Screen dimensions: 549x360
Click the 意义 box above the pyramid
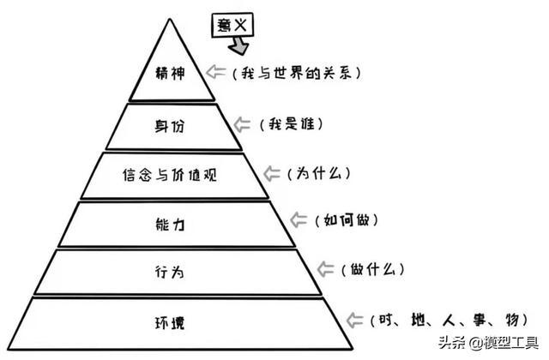[232, 25]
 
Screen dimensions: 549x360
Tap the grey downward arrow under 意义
[239, 46]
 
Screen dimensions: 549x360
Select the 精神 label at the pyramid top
[170, 73]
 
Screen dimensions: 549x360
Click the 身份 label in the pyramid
[170, 126]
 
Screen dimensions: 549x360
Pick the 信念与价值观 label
[170, 175]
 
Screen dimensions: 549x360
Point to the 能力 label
[170, 224]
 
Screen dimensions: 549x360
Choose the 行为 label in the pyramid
[170, 272]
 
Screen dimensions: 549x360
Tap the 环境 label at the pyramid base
[170, 322]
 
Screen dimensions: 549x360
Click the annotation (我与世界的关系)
[296, 73]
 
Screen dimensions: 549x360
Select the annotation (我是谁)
[291, 124]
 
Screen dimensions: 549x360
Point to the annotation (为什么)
[318, 173]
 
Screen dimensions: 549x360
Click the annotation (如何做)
[347, 220]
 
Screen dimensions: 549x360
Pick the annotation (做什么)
[372, 269]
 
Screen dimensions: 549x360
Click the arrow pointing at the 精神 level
[215, 72]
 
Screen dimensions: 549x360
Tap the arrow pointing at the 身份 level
[242, 124]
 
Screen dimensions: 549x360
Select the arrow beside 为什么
[271, 173]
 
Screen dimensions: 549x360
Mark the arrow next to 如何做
[299, 219]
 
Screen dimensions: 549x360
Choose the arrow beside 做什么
[325, 269]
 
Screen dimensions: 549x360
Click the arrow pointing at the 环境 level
[354, 320]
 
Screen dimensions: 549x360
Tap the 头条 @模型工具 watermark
[488, 343]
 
